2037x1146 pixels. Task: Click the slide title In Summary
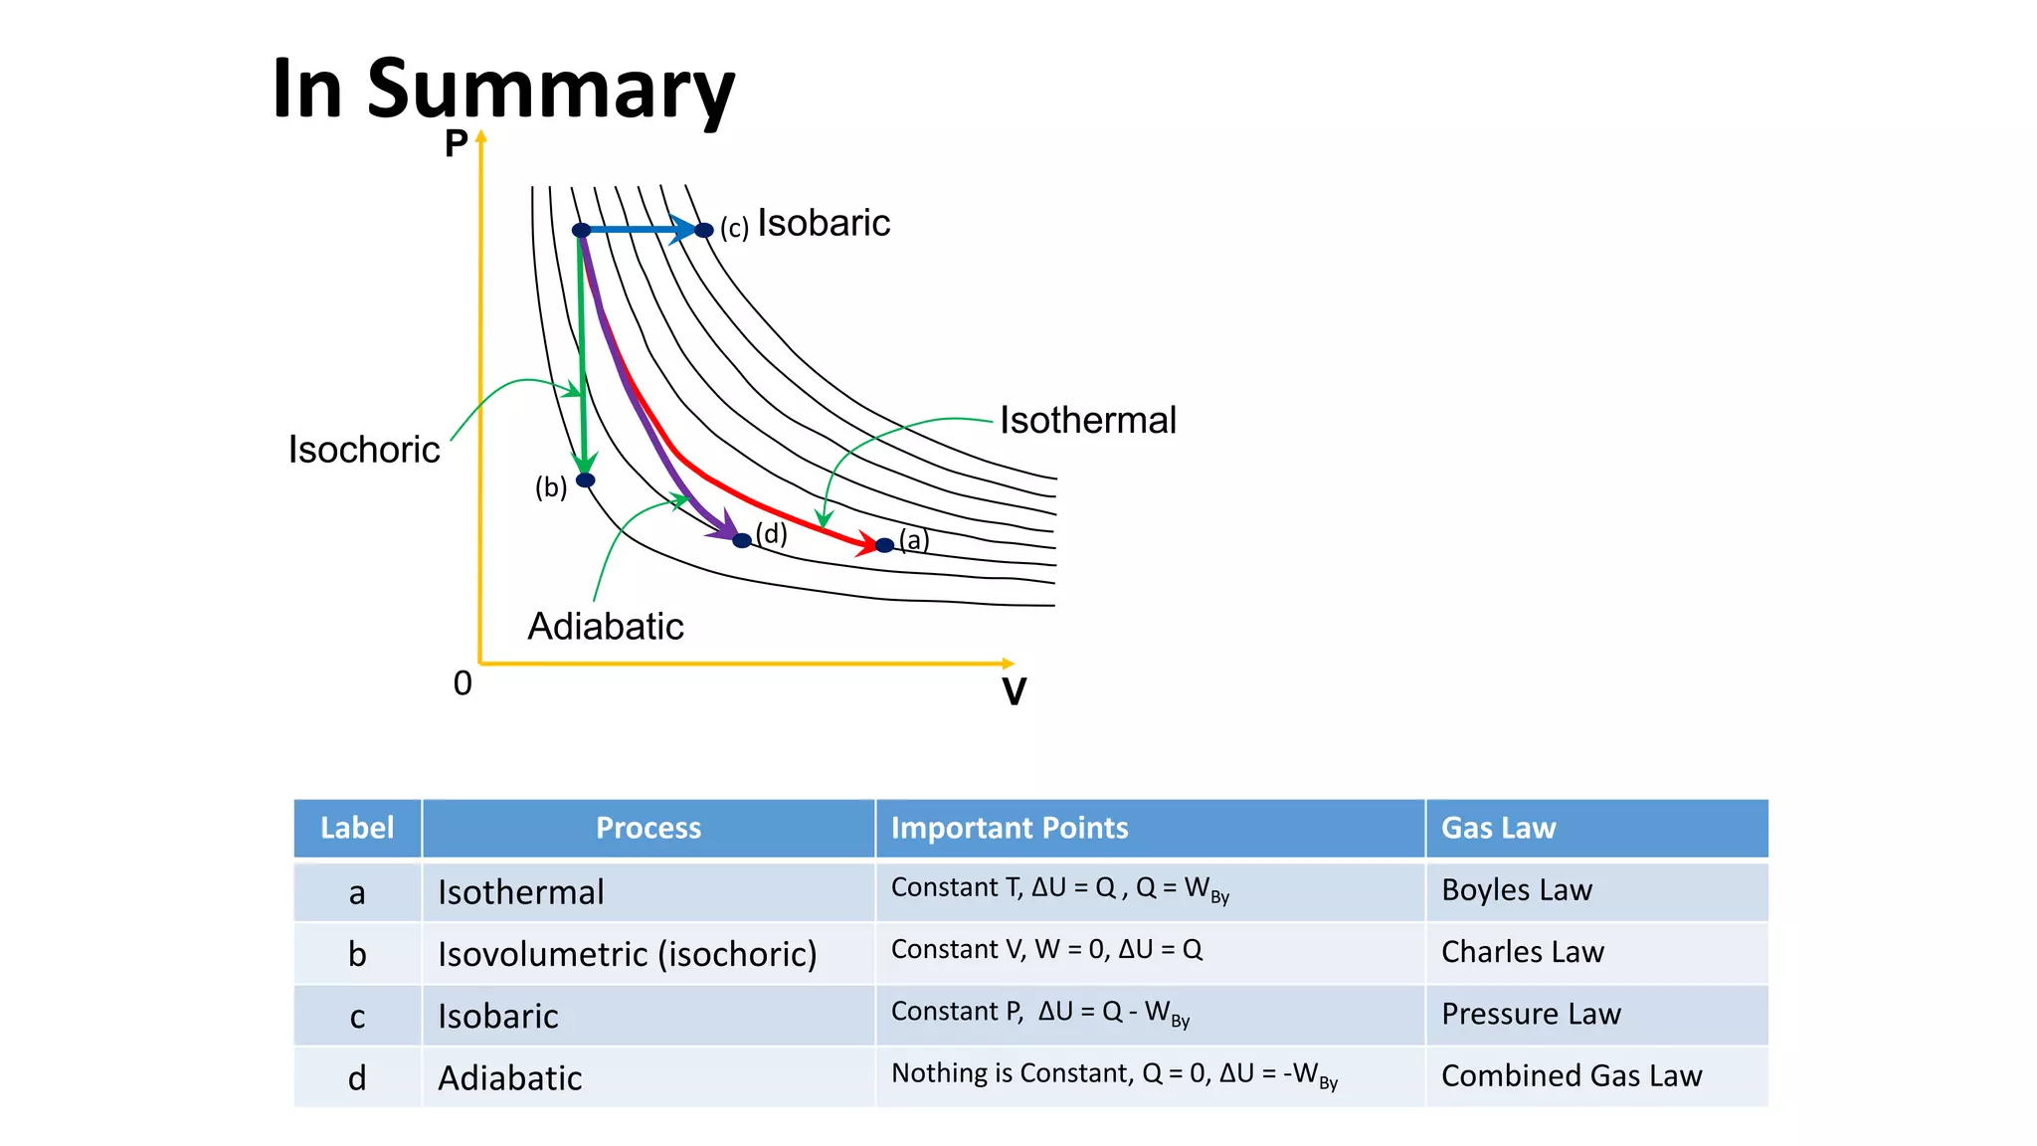click(x=502, y=90)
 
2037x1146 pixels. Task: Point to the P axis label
click(x=456, y=144)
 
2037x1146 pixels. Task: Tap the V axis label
click(x=1014, y=691)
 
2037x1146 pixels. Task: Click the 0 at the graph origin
click(x=463, y=683)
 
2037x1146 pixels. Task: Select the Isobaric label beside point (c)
click(x=824, y=223)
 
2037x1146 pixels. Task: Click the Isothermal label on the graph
click(x=1088, y=420)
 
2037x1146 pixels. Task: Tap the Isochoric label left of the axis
click(x=364, y=450)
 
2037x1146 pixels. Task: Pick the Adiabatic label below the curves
click(x=606, y=627)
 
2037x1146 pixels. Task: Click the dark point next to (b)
click(x=586, y=480)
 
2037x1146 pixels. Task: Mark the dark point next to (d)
click(x=742, y=541)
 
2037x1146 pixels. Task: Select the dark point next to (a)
click(x=884, y=545)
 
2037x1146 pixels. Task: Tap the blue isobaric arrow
click(x=642, y=230)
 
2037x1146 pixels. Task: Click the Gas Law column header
click(x=1498, y=828)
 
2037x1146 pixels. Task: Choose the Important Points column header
click(x=1010, y=828)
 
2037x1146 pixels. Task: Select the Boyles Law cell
click(x=1517, y=890)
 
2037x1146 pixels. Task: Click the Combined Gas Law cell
click(x=1572, y=1075)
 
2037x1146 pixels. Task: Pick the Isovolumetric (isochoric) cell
click(x=628, y=954)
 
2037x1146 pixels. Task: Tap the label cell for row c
click(x=357, y=1017)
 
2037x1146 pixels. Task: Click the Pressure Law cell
click(x=1531, y=1014)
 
